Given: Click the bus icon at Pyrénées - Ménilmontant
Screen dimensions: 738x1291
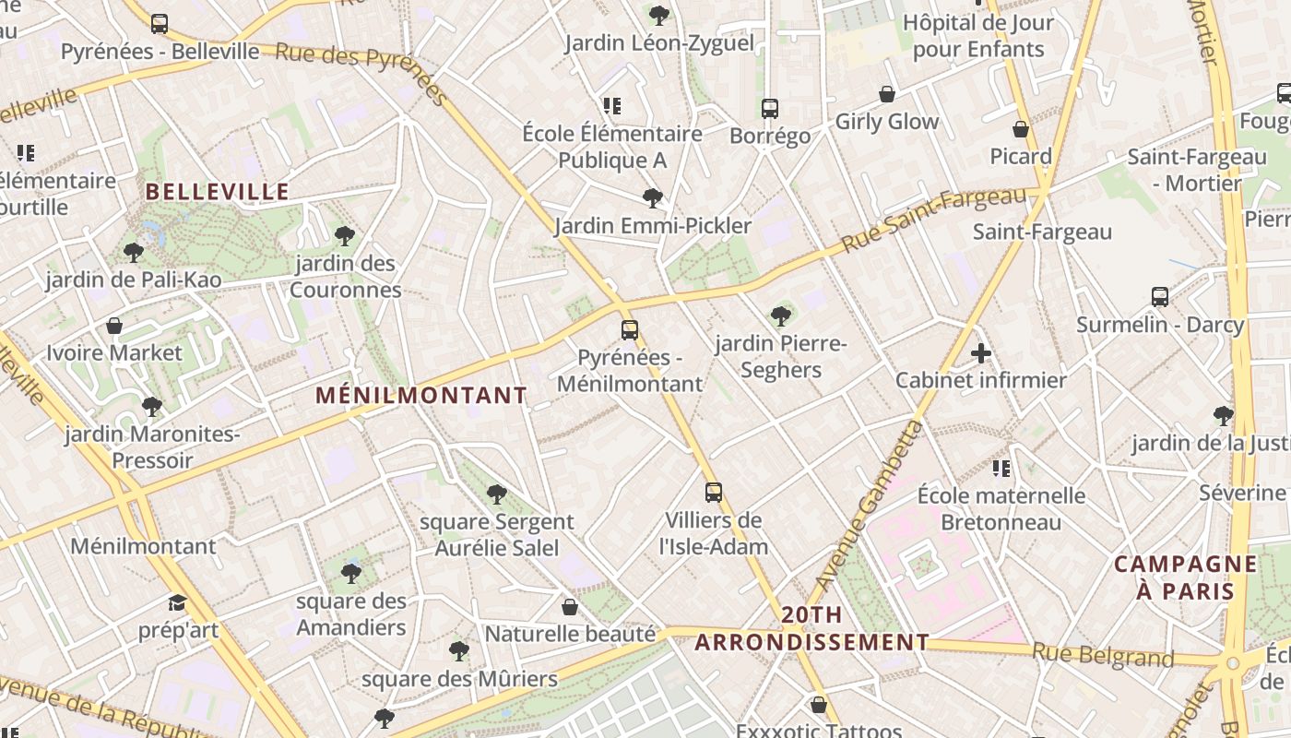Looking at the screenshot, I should [x=630, y=329].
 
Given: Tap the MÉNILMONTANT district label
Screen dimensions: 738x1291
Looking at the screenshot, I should [x=421, y=396].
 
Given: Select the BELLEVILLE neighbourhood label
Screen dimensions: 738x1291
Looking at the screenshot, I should [x=218, y=192].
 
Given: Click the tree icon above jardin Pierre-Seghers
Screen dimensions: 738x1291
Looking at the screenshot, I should [x=781, y=316].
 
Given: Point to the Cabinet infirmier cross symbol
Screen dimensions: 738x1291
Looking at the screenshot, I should [x=981, y=353].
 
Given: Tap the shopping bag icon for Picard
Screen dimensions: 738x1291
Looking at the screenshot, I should [x=1021, y=129].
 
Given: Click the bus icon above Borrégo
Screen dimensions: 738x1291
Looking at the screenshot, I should [x=770, y=109].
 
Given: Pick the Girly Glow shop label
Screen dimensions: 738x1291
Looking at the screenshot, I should [x=886, y=122].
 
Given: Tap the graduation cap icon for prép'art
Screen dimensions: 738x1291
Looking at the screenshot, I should [x=177, y=603].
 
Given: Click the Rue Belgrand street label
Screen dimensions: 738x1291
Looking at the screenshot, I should [x=1103, y=655].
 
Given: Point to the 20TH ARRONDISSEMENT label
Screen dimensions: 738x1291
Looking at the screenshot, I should [x=811, y=628].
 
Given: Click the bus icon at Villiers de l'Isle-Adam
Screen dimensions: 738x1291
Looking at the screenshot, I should [x=713, y=493].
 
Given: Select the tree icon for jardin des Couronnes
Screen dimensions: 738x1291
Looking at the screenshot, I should [x=345, y=236].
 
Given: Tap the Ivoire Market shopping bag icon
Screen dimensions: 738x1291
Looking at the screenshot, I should [x=114, y=326].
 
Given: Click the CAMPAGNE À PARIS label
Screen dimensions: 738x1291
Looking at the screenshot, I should [x=1185, y=577].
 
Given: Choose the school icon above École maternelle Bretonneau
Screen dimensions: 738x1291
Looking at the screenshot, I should [x=1001, y=469].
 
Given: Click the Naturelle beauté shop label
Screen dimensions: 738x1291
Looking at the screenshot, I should [x=570, y=635].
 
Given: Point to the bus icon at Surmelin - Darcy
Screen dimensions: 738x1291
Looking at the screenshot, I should [x=1160, y=297].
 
